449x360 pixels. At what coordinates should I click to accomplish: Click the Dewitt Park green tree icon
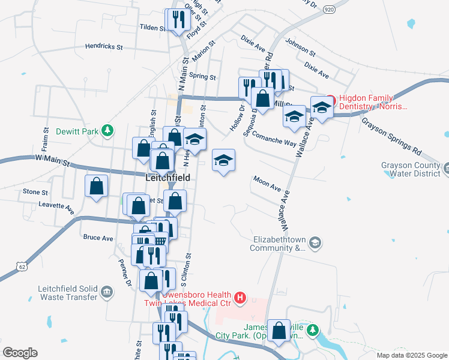click(107, 130)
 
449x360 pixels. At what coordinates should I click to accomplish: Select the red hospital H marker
click(240, 297)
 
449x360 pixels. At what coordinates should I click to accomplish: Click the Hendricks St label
click(103, 46)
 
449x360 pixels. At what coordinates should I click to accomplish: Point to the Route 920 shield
click(328, 10)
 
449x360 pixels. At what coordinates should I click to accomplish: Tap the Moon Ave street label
click(267, 183)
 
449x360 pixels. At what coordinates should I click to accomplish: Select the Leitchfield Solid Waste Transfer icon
click(107, 292)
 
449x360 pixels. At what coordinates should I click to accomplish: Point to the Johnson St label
click(300, 46)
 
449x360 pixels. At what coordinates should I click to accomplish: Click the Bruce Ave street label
click(98, 238)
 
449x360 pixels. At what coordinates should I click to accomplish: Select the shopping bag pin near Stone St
click(96, 187)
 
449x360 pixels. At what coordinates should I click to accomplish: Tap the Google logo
click(20, 353)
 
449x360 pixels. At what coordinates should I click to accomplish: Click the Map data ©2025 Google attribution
click(411, 355)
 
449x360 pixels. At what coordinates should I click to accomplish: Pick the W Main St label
click(52, 161)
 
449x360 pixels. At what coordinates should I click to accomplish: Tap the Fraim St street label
click(46, 140)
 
